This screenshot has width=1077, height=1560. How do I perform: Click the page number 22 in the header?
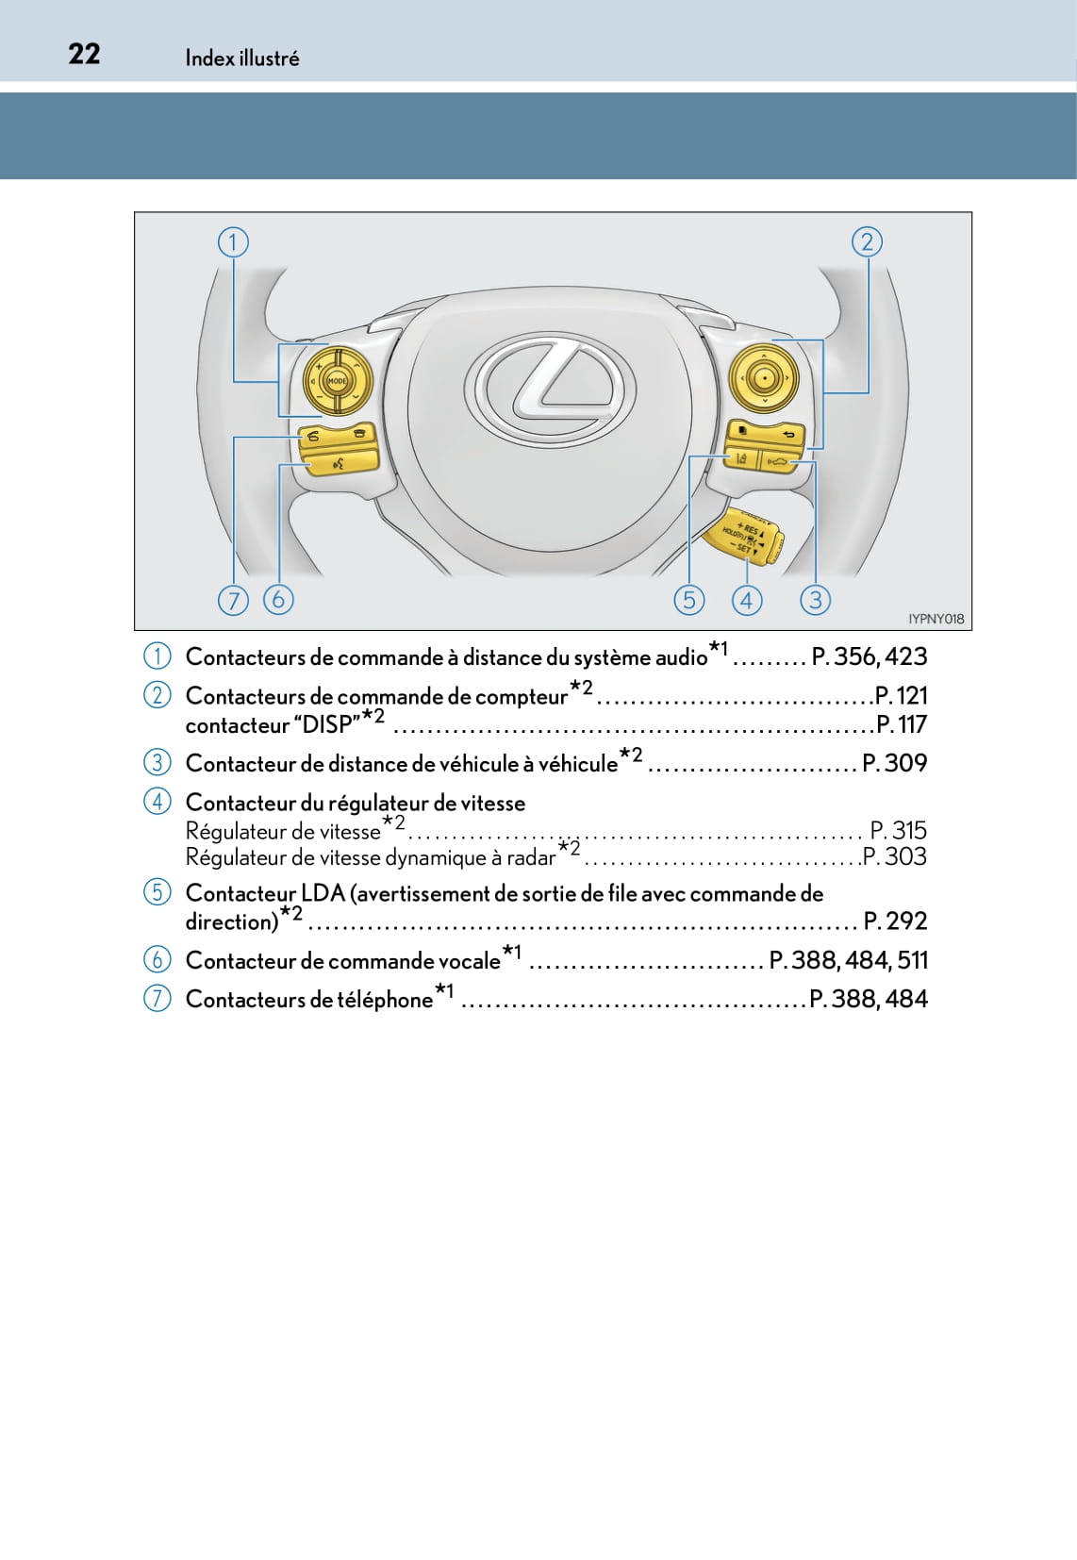(x=84, y=54)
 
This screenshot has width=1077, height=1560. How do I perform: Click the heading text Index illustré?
(x=242, y=58)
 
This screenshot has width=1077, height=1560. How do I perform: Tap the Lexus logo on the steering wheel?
(x=551, y=385)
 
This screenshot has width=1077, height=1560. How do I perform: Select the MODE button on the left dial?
(x=337, y=381)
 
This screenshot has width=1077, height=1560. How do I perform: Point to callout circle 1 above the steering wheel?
(x=233, y=242)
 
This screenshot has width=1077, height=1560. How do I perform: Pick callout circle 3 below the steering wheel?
(x=815, y=600)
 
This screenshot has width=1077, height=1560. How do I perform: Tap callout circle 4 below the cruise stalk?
(x=747, y=600)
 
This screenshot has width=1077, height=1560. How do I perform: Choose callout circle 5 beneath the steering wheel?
(x=689, y=600)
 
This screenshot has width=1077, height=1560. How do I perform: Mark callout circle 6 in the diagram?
(x=278, y=600)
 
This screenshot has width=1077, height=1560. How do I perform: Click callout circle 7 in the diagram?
(x=233, y=600)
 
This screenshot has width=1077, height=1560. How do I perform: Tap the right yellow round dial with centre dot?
(x=764, y=379)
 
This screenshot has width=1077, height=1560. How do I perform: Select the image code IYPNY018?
(x=936, y=619)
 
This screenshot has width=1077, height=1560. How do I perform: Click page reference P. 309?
(x=895, y=763)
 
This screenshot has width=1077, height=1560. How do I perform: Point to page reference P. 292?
(x=895, y=921)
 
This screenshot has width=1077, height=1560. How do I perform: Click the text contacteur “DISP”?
(x=273, y=725)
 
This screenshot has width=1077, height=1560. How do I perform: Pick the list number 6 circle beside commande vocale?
(x=157, y=960)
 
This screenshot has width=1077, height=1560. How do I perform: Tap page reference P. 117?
(x=902, y=725)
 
